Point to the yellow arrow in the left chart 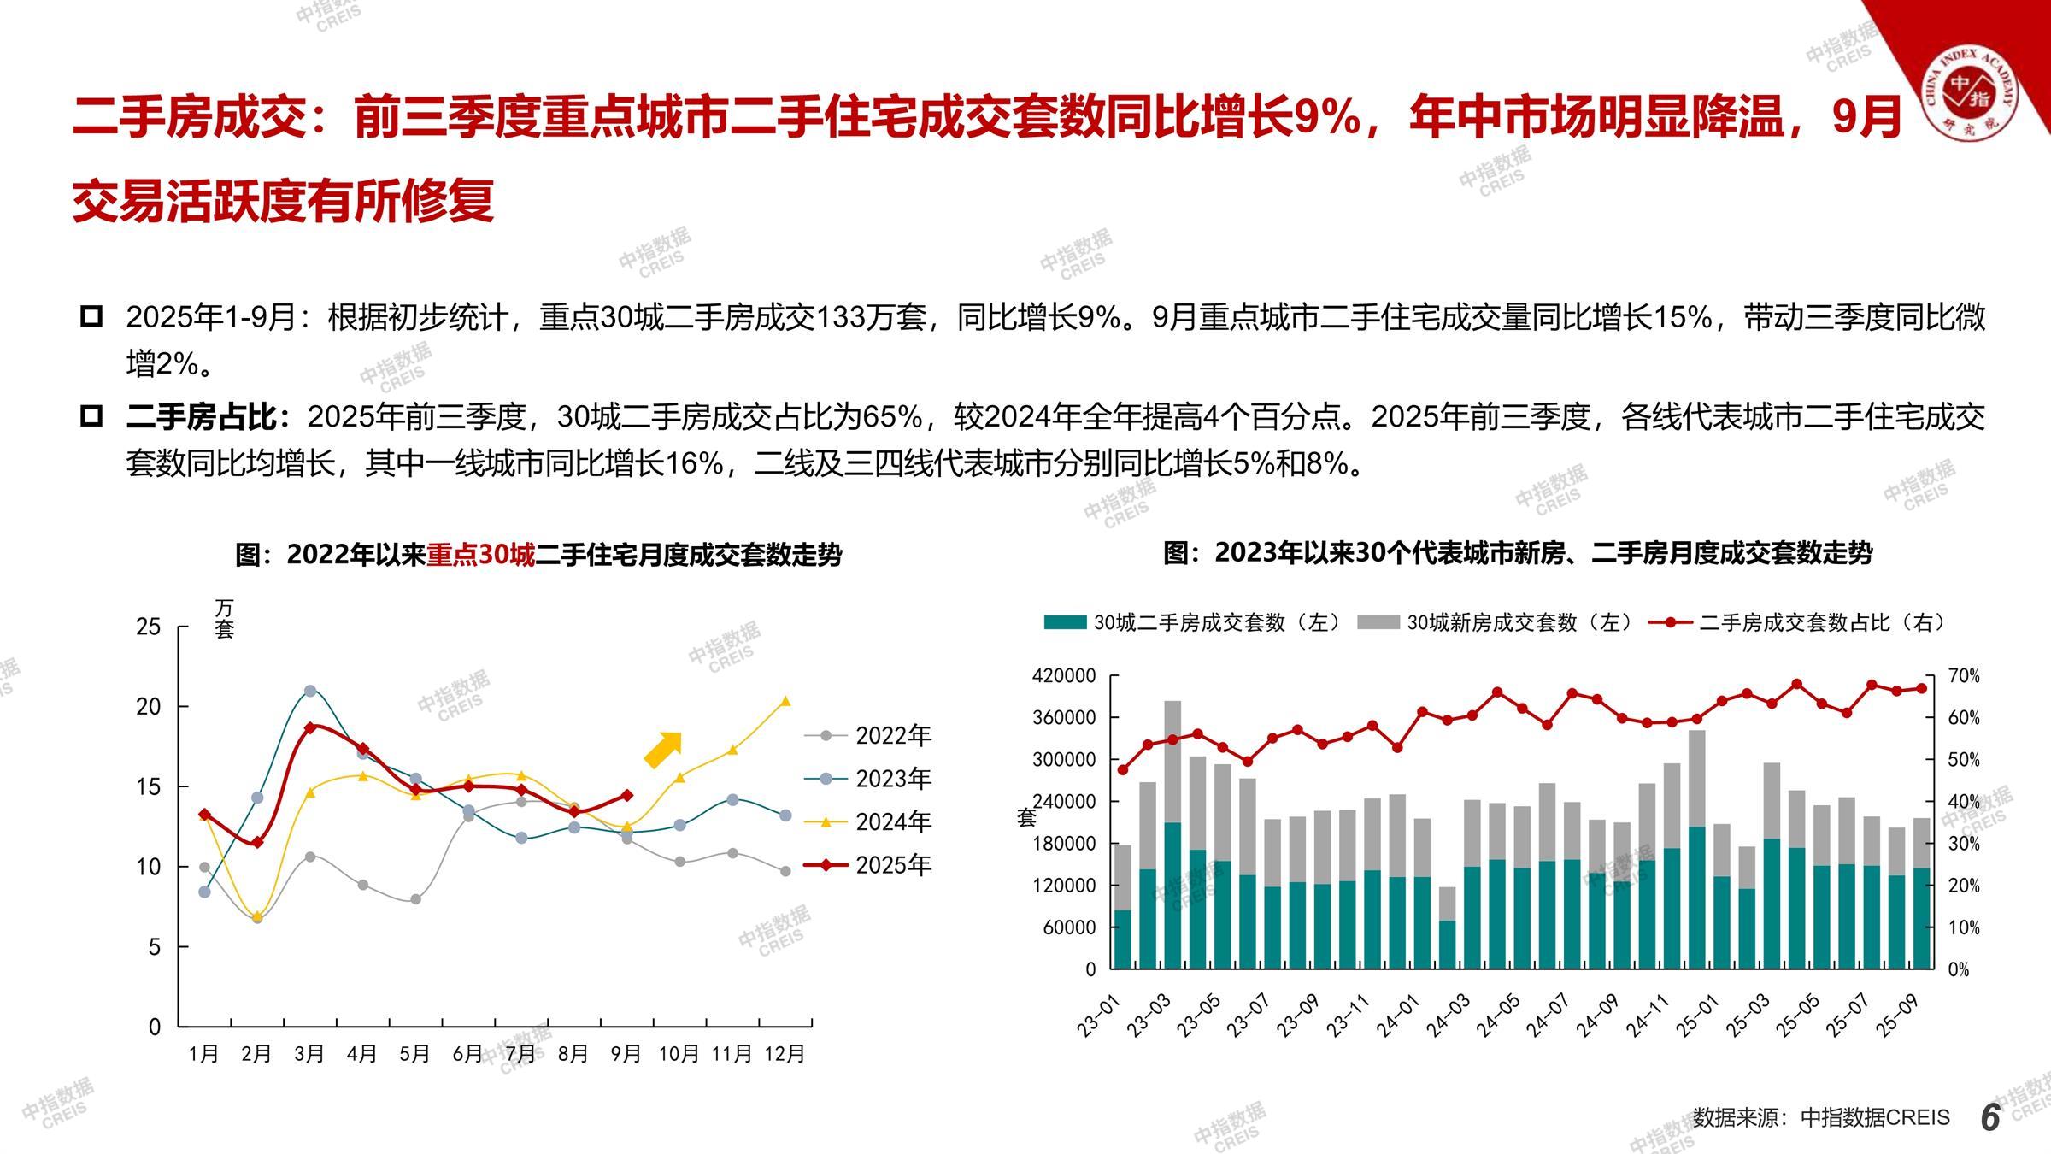pyautogui.click(x=663, y=749)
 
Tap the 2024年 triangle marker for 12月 pyautogui.click(x=785, y=702)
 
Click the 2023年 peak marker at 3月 pyautogui.click(x=310, y=691)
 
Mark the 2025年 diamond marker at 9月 pyautogui.click(x=626, y=795)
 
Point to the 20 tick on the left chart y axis pyautogui.click(x=149, y=707)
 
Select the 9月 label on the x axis pyautogui.click(x=626, y=1054)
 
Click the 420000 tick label pyautogui.click(x=1064, y=676)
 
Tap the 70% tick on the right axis pyautogui.click(x=1964, y=676)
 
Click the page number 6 pyautogui.click(x=1990, y=1117)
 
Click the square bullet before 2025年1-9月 pyautogui.click(x=91, y=317)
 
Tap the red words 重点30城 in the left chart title pyautogui.click(x=480, y=556)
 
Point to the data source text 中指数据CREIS pyautogui.click(x=1875, y=1117)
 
